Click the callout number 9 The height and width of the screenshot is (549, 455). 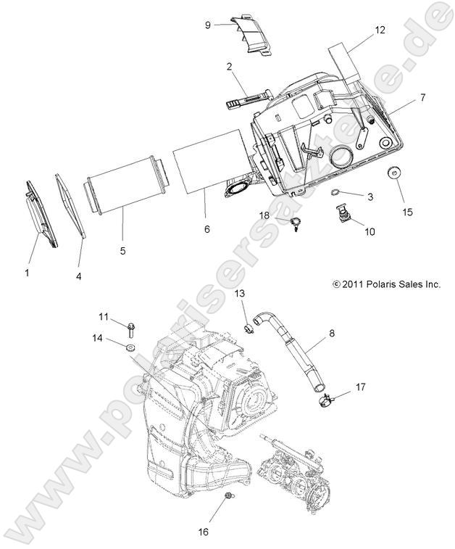coord(207,24)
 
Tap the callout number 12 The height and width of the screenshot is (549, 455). coord(380,30)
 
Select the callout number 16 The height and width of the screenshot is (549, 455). coord(204,531)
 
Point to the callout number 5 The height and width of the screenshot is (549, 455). coord(122,250)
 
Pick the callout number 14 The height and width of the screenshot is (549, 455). coord(96,338)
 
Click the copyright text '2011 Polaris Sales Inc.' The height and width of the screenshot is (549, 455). coord(386,286)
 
